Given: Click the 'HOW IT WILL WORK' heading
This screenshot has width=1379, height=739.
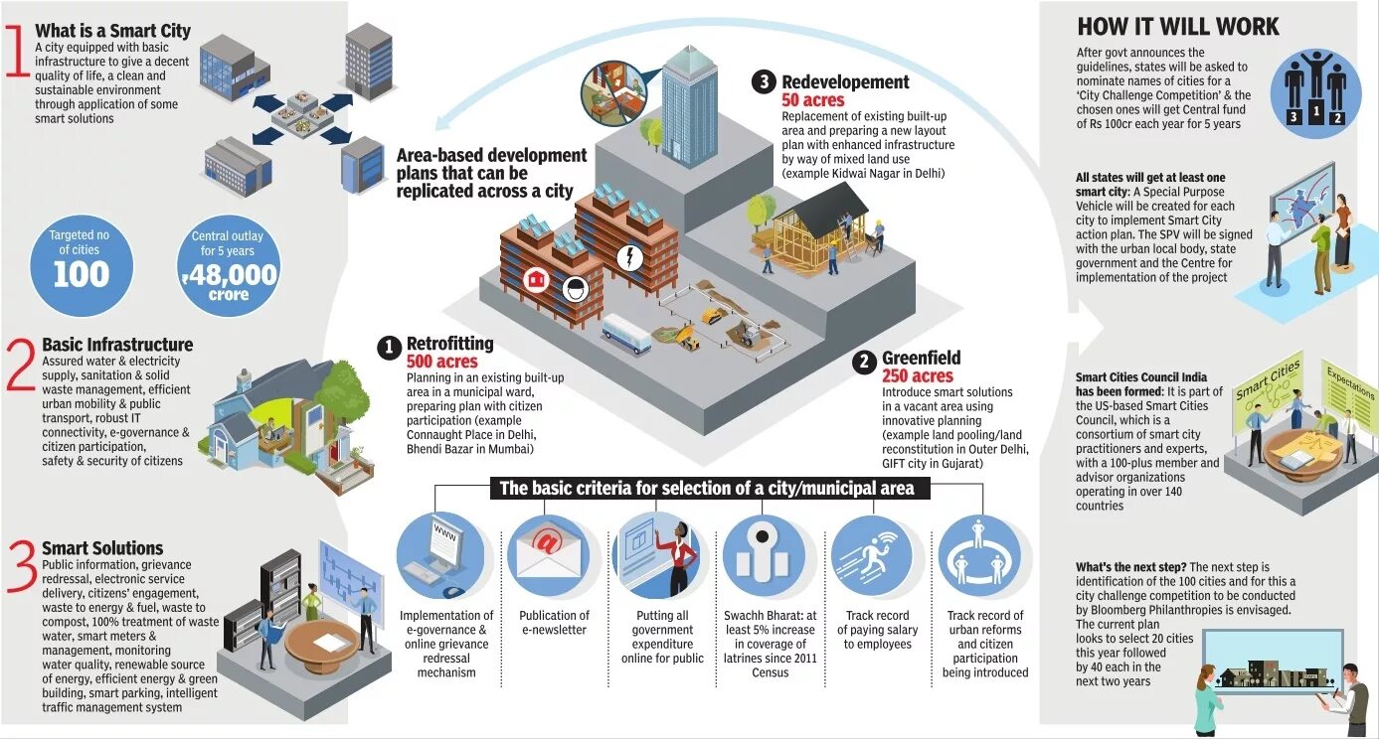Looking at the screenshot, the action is (1178, 27).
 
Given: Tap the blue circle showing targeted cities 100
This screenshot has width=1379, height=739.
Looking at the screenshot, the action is (81, 263).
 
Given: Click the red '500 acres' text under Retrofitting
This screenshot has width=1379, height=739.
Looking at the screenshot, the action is (441, 363).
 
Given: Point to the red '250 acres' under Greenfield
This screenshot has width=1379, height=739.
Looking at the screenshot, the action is (917, 376).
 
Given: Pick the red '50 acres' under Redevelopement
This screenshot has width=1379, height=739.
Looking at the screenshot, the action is (812, 100).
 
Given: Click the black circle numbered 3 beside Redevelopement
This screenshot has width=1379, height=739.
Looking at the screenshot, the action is (764, 82).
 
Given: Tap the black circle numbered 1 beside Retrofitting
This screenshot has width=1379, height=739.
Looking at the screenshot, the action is (389, 347).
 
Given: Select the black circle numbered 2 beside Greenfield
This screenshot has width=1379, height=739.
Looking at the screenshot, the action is (864, 362).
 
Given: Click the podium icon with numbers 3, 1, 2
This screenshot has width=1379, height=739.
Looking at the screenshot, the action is (1314, 95).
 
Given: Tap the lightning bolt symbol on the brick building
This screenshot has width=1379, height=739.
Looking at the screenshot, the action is (628, 257).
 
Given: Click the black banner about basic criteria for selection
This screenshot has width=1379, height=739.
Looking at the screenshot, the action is (710, 489).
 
